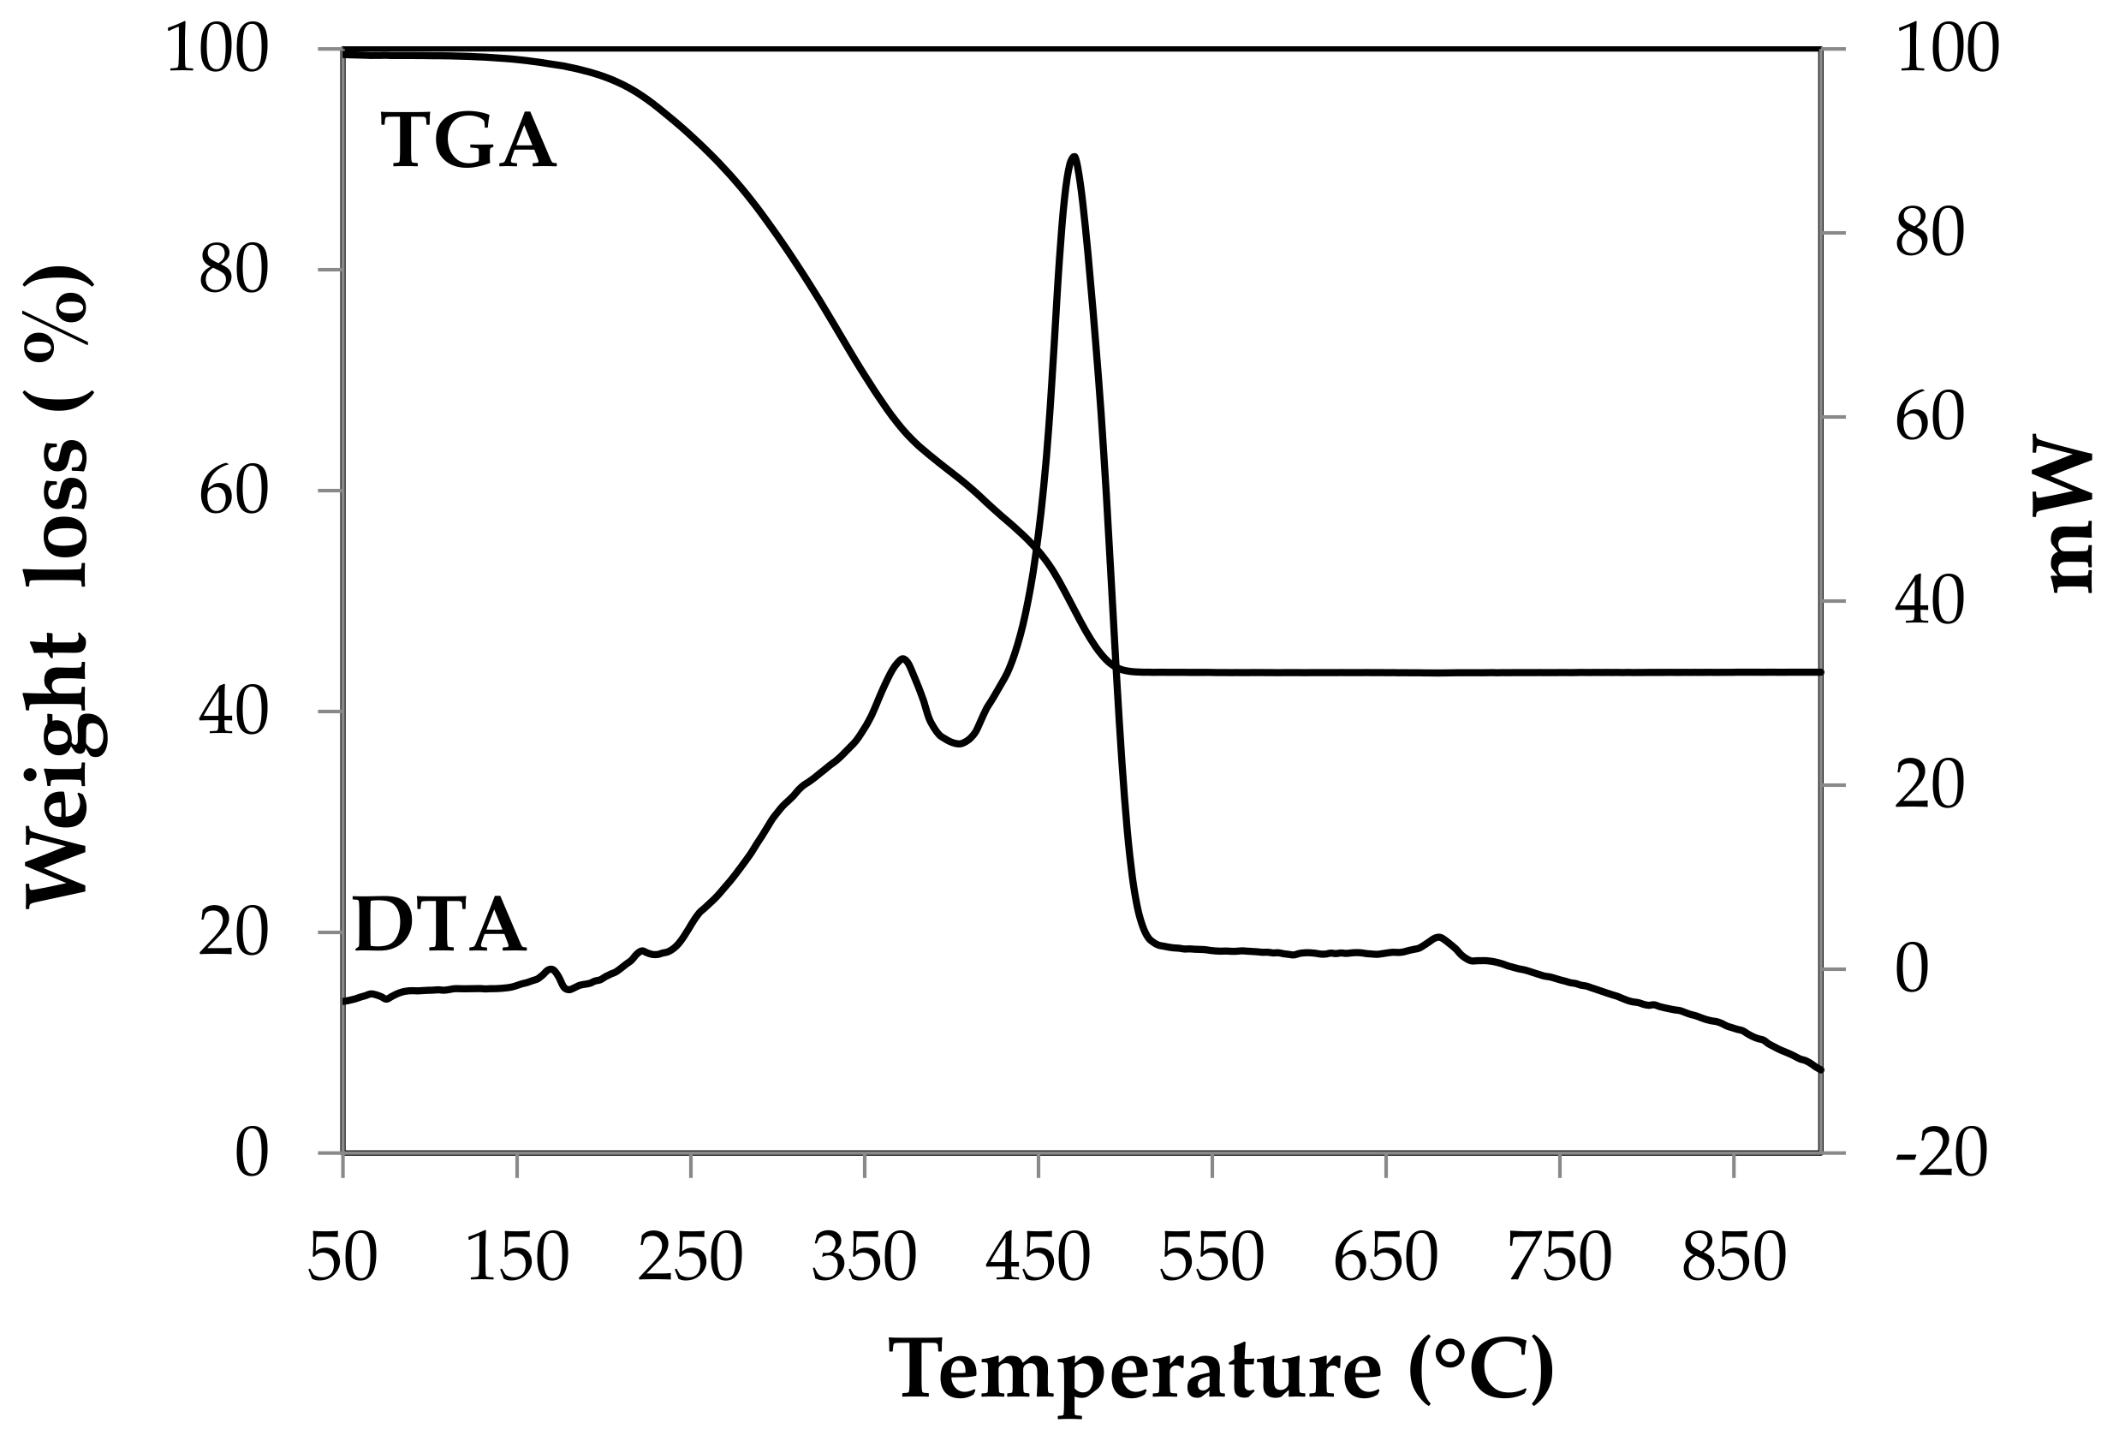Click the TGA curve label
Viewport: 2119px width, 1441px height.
[x=467, y=141]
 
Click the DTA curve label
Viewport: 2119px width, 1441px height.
[x=439, y=926]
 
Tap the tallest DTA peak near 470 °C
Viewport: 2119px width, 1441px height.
[x=1074, y=158]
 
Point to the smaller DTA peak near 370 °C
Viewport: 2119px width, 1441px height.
[x=902, y=658]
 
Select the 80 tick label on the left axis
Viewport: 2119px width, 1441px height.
[x=235, y=270]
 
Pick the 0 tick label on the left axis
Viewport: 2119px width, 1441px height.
[x=252, y=1155]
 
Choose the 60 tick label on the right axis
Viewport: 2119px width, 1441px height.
[x=1928, y=419]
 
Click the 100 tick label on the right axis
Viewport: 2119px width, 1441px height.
[x=1947, y=50]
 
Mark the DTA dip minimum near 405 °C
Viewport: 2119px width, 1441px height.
[x=958, y=745]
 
